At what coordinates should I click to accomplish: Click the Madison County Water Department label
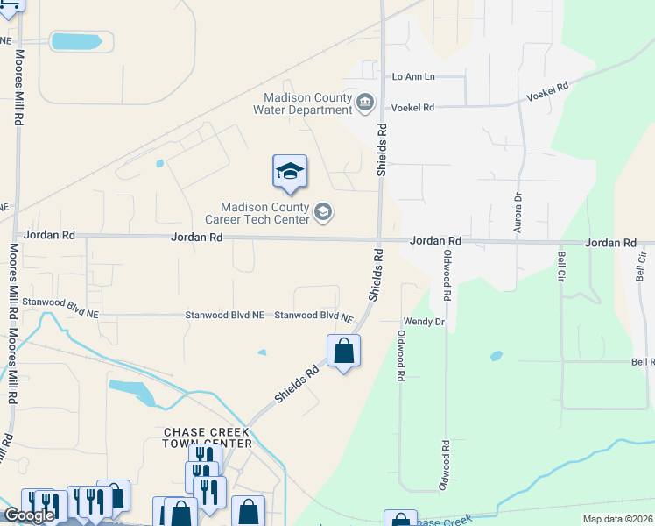click(x=302, y=103)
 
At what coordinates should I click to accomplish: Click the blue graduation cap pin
click(x=290, y=172)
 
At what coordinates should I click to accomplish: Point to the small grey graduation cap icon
click(x=323, y=211)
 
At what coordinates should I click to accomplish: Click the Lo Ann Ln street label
click(x=413, y=77)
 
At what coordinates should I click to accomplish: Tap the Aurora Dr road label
click(x=517, y=209)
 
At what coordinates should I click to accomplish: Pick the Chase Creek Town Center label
click(x=208, y=437)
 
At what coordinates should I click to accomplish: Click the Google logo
click(x=29, y=515)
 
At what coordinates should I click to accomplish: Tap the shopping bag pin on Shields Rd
click(x=343, y=352)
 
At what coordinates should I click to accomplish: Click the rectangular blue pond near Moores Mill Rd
click(x=82, y=41)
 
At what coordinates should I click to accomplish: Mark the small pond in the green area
click(x=497, y=357)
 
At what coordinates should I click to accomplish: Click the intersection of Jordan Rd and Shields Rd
click(x=379, y=240)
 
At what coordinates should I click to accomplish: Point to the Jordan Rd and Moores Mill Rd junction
click(x=16, y=235)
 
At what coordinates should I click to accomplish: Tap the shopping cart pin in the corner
click(x=11, y=4)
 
